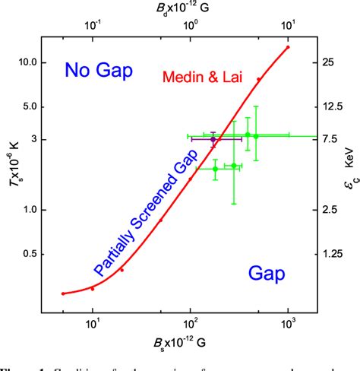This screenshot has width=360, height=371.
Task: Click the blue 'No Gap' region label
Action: click(99, 71)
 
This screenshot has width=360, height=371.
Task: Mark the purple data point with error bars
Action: click(213, 139)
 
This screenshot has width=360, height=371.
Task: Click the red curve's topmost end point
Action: click(288, 47)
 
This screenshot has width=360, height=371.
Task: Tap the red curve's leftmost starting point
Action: click(63, 293)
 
